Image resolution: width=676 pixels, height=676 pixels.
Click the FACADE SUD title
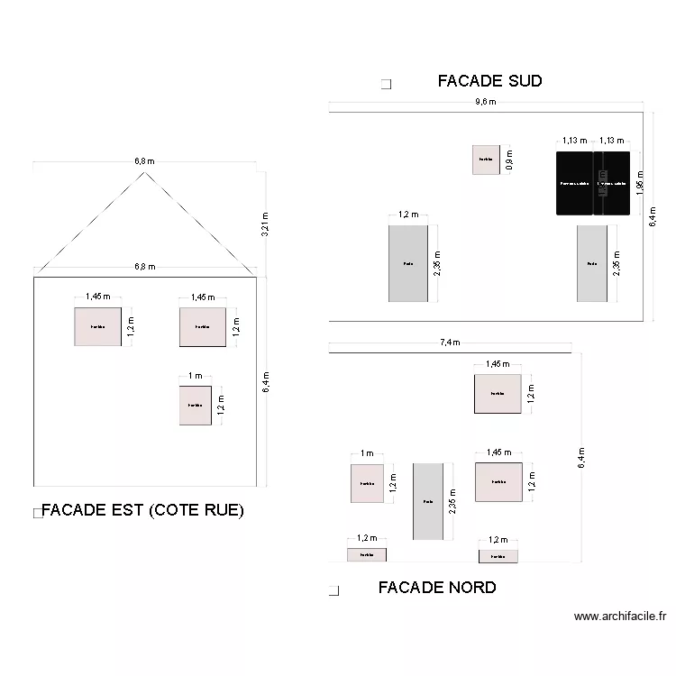click(489, 81)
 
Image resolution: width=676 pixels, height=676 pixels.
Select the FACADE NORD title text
click(437, 588)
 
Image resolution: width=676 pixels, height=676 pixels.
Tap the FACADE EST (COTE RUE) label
click(142, 510)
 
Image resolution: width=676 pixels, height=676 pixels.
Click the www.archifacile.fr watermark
click(620, 617)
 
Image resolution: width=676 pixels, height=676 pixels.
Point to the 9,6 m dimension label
click(486, 102)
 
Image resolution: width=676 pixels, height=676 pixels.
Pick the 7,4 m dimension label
click(450, 343)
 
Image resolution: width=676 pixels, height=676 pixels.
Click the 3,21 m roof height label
click(265, 224)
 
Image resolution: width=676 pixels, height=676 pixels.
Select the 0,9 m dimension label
click(508, 160)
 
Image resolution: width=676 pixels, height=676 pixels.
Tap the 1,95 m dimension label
click(639, 184)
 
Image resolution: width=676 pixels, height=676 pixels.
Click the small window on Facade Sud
click(486, 160)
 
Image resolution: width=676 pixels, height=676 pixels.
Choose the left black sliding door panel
click(574, 184)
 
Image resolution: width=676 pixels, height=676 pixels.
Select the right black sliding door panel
click(611, 184)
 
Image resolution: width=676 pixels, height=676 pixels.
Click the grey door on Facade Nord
click(428, 501)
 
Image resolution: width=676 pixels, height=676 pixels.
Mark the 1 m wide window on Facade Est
click(195, 406)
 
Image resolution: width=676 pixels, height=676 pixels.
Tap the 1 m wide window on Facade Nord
click(367, 483)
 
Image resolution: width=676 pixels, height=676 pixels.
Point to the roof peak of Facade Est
click(144, 172)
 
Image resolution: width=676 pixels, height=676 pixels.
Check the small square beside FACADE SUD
click(386, 85)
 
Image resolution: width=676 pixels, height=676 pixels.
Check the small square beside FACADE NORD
click(333, 590)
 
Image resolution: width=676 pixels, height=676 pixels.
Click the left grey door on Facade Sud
click(408, 263)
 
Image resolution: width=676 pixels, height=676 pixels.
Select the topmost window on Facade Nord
click(498, 394)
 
